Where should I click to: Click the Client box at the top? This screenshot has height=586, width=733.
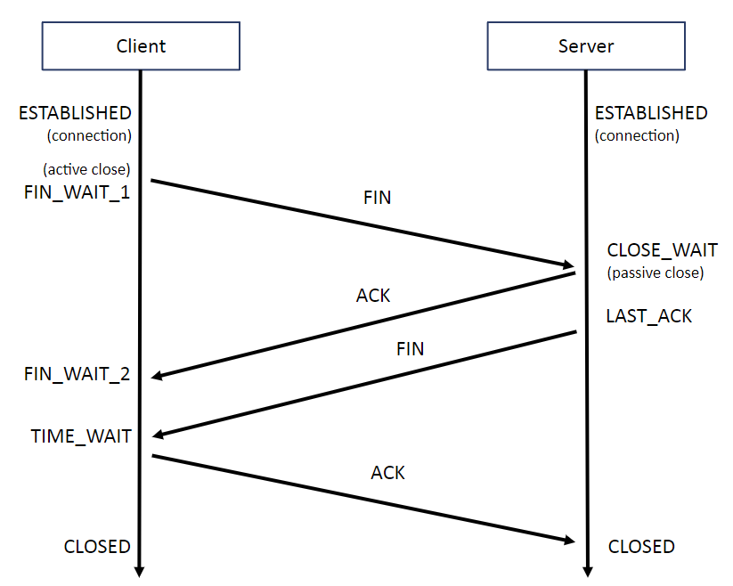point(141,46)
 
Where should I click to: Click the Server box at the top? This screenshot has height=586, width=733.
point(586,46)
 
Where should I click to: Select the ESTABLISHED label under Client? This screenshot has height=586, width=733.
point(75,113)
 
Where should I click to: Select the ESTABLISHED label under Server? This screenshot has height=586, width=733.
point(651,113)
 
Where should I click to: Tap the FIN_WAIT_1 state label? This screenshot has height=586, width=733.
point(77,192)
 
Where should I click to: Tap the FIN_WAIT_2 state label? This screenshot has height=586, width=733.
point(77,374)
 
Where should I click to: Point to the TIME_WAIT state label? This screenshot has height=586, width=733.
point(81,436)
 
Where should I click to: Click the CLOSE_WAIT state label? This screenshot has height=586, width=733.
point(662,250)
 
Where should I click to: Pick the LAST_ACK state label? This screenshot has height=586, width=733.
point(648,316)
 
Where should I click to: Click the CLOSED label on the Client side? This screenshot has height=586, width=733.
point(97,547)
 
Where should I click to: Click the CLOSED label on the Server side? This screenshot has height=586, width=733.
point(641,547)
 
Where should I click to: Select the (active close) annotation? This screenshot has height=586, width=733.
point(86,169)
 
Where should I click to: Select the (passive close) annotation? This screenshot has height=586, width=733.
point(656,273)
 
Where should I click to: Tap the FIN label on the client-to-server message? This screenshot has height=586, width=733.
point(378,198)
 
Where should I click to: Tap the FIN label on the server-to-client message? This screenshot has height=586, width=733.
point(411,349)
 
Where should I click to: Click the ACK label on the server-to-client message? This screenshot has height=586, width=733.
point(373,295)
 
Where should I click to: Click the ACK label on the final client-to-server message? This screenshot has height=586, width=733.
point(388,473)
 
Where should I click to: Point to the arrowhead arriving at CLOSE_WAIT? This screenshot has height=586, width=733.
point(567,265)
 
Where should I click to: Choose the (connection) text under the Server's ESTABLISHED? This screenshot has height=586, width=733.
point(637,136)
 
